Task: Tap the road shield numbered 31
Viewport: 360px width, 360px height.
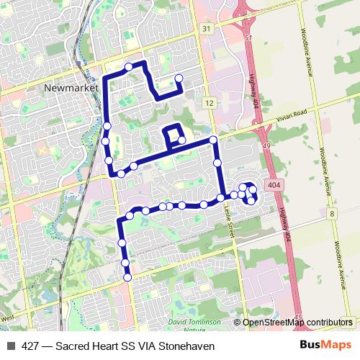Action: coord(207,28)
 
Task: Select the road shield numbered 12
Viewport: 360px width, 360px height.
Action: coord(209,104)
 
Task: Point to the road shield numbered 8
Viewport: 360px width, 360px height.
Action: coord(332,214)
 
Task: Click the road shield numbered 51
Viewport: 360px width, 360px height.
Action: coord(248,37)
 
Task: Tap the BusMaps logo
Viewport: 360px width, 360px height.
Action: coord(325,344)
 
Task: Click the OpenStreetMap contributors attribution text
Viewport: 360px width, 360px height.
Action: coord(297,323)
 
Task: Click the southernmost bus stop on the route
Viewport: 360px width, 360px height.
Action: coord(127,276)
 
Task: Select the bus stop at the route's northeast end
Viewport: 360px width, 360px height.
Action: coord(179,78)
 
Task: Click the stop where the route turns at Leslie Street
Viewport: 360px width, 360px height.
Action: coord(213,139)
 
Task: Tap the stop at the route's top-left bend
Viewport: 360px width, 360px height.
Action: coord(129,67)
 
